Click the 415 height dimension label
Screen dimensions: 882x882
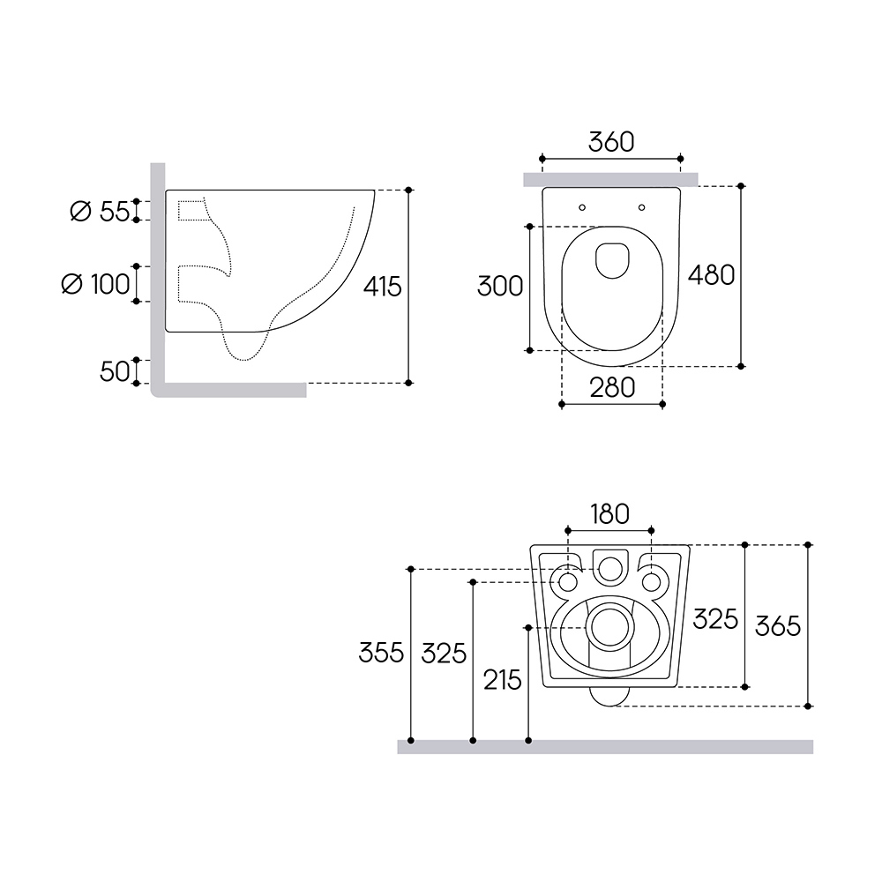(x=383, y=287)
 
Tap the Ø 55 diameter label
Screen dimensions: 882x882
(x=100, y=212)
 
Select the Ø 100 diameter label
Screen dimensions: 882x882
(x=95, y=284)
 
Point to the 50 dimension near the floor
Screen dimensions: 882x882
(x=115, y=371)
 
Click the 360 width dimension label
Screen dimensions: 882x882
(x=611, y=142)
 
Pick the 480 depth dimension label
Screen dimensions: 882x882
(x=712, y=275)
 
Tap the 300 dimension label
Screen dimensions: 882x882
(x=500, y=287)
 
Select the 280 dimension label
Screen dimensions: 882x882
(x=613, y=387)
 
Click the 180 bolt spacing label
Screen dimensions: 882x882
(x=609, y=514)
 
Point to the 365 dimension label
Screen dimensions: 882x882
(x=777, y=626)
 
